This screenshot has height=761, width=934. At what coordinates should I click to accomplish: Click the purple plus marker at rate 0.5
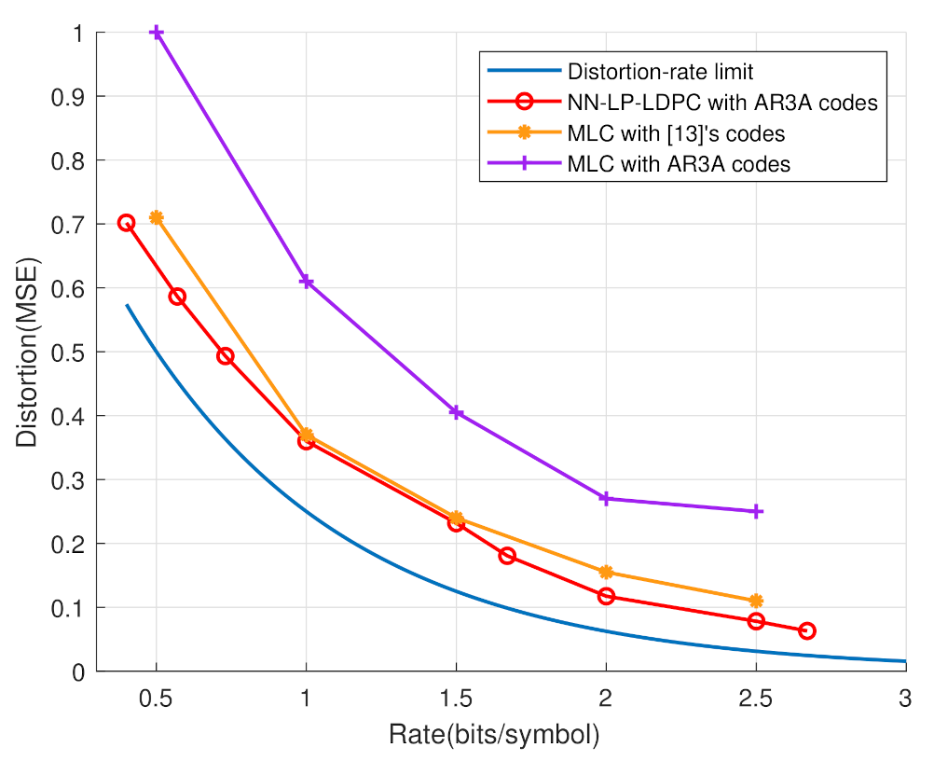pyautogui.click(x=157, y=33)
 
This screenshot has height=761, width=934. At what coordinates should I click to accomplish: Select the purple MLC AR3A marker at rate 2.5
pyautogui.click(x=756, y=511)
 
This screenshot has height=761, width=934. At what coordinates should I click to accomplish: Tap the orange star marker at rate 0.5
pyautogui.click(x=157, y=217)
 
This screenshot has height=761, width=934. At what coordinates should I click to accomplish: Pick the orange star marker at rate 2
pyautogui.click(x=606, y=572)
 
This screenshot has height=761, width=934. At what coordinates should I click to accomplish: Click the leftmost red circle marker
pyautogui.click(x=127, y=223)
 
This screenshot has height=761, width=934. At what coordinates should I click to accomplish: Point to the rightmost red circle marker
pyautogui.click(x=807, y=630)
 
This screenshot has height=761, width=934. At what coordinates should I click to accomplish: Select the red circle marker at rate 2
pyautogui.click(x=606, y=596)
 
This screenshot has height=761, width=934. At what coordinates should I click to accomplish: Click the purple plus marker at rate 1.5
pyautogui.click(x=456, y=412)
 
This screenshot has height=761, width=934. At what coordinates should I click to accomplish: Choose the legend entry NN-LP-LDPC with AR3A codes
pyautogui.click(x=722, y=103)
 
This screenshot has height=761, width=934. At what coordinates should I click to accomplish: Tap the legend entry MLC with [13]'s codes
pyautogui.click(x=682, y=133)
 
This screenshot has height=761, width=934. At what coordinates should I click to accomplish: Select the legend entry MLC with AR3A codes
pyautogui.click(x=679, y=164)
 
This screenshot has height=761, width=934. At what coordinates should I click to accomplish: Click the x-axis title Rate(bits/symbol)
pyautogui.click(x=494, y=735)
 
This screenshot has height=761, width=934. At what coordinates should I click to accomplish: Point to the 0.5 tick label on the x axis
pyautogui.click(x=157, y=699)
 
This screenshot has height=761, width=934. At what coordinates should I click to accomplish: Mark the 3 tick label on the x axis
pyautogui.click(x=905, y=699)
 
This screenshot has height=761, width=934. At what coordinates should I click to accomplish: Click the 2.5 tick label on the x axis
pyautogui.click(x=756, y=699)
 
